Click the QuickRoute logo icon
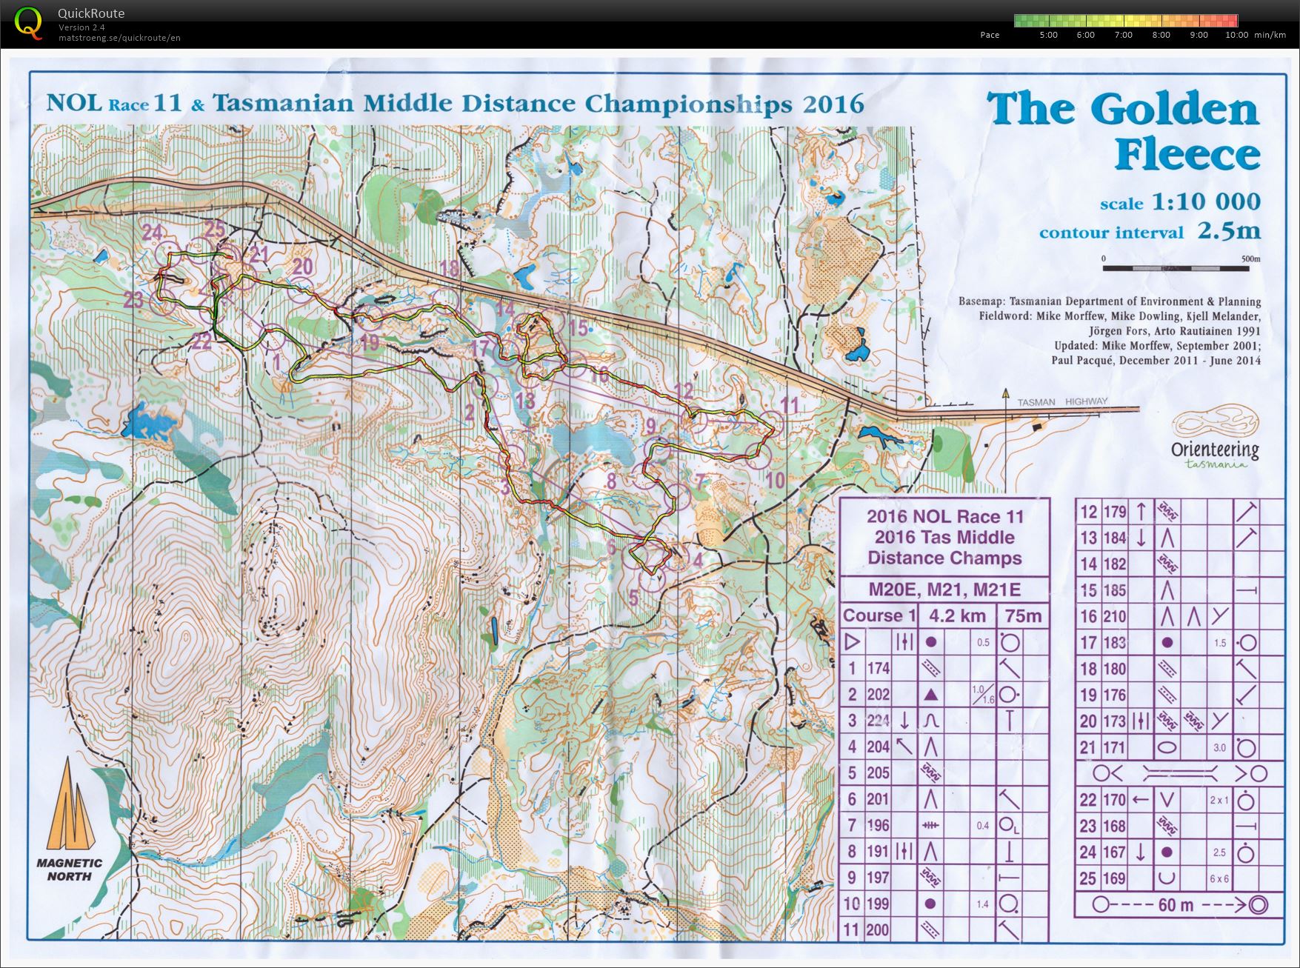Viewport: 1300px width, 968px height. [x=28, y=22]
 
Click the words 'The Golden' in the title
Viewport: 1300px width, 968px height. [x=1123, y=110]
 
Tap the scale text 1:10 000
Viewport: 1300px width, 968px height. [x=1204, y=201]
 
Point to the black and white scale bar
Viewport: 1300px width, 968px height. [x=1175, y=267]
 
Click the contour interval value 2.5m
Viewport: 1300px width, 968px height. [x=1230, y=231]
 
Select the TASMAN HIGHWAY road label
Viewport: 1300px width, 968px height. [x=1062, y=401]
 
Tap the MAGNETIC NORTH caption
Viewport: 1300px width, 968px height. [x=70, y=869]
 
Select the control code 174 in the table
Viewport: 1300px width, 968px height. [x=879, y=668]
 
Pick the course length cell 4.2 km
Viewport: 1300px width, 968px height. [x=957, y=616]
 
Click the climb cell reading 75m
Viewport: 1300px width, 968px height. [x=1023, y=616]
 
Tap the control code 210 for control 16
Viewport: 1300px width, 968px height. [x=1114, y=616]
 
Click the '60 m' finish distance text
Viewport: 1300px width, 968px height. [x=1176, y=905]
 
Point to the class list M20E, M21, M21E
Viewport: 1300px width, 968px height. [x=944, y=590]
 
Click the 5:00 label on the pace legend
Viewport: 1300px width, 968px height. [x=1048, y=35]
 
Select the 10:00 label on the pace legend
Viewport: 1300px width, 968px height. [x=1236, y=35]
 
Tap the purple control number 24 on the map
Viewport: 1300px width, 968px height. [x=152, y=232]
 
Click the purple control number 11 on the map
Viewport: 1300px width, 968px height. [x=790, y=404]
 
